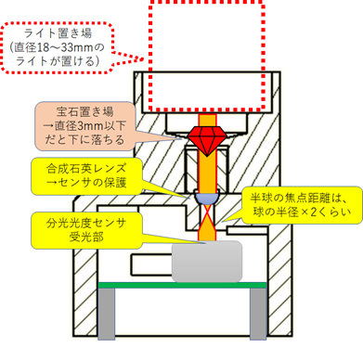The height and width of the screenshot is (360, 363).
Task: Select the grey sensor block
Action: [x=206, y=259]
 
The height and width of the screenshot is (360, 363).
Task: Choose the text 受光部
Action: [x=80, y=239]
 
